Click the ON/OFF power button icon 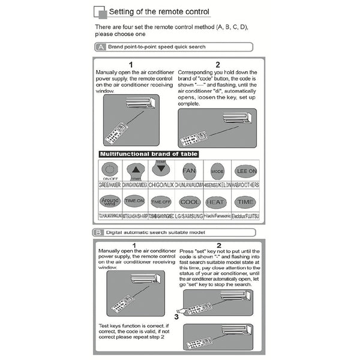tap(110, 170)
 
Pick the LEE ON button tap(245, 170)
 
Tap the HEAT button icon tap(217, 202)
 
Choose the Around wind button tap(110, 201)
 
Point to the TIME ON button tap(136, 201)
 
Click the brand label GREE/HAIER tap(110, 185)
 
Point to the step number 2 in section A tap(218, 64)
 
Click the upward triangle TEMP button tap(136, 170)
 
